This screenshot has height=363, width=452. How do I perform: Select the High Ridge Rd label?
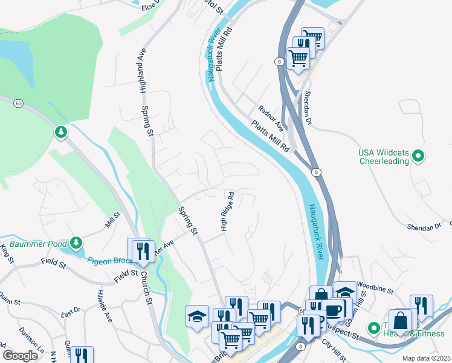click(x=227, y=212)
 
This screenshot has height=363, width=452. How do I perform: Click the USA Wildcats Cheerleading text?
click(x=384, y=157)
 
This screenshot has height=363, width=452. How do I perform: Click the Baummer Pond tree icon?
click(x=76, y=243)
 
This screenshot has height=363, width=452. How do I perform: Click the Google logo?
click(x=20, y=356)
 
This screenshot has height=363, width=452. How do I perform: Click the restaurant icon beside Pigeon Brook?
click(x=143, y=250)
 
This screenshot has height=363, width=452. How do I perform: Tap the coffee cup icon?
click(x=332, y=310)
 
